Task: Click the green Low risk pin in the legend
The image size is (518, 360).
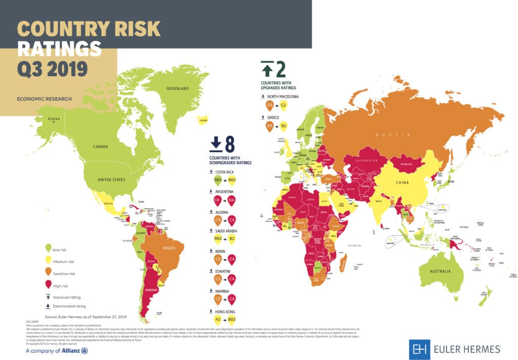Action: (48, 248)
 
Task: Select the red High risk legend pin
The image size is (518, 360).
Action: (48, 285)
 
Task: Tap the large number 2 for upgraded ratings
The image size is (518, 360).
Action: (281, 68)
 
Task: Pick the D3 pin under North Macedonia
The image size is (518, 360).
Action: (269, 106)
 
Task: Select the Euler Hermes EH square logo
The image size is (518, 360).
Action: (418, 348)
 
